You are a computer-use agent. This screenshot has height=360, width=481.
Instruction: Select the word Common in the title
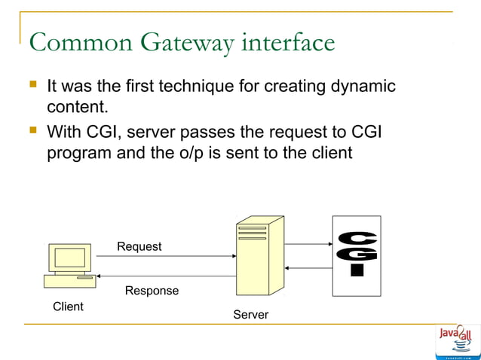click(x=68, y=42)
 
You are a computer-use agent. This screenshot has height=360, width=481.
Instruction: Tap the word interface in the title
click(x=288, y=42)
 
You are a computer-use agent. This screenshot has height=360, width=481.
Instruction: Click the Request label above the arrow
click(x=139, y=246)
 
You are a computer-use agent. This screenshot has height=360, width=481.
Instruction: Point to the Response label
click(x=152, y=291)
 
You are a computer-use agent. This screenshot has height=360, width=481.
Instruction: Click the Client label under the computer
click(x=68, y=307)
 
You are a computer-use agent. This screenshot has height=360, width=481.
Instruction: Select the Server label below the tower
click(x=250, y=315)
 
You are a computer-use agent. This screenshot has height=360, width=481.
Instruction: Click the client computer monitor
click(x=69, y=258)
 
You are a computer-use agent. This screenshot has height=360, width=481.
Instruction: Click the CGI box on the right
click(x=357, y=255)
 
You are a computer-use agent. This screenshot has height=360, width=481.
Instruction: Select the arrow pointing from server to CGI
click(x=308, y=244)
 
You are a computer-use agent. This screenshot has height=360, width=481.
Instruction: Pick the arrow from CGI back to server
click(x=308, y=267)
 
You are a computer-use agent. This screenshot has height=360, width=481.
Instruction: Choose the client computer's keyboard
click(x=69, y=281)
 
